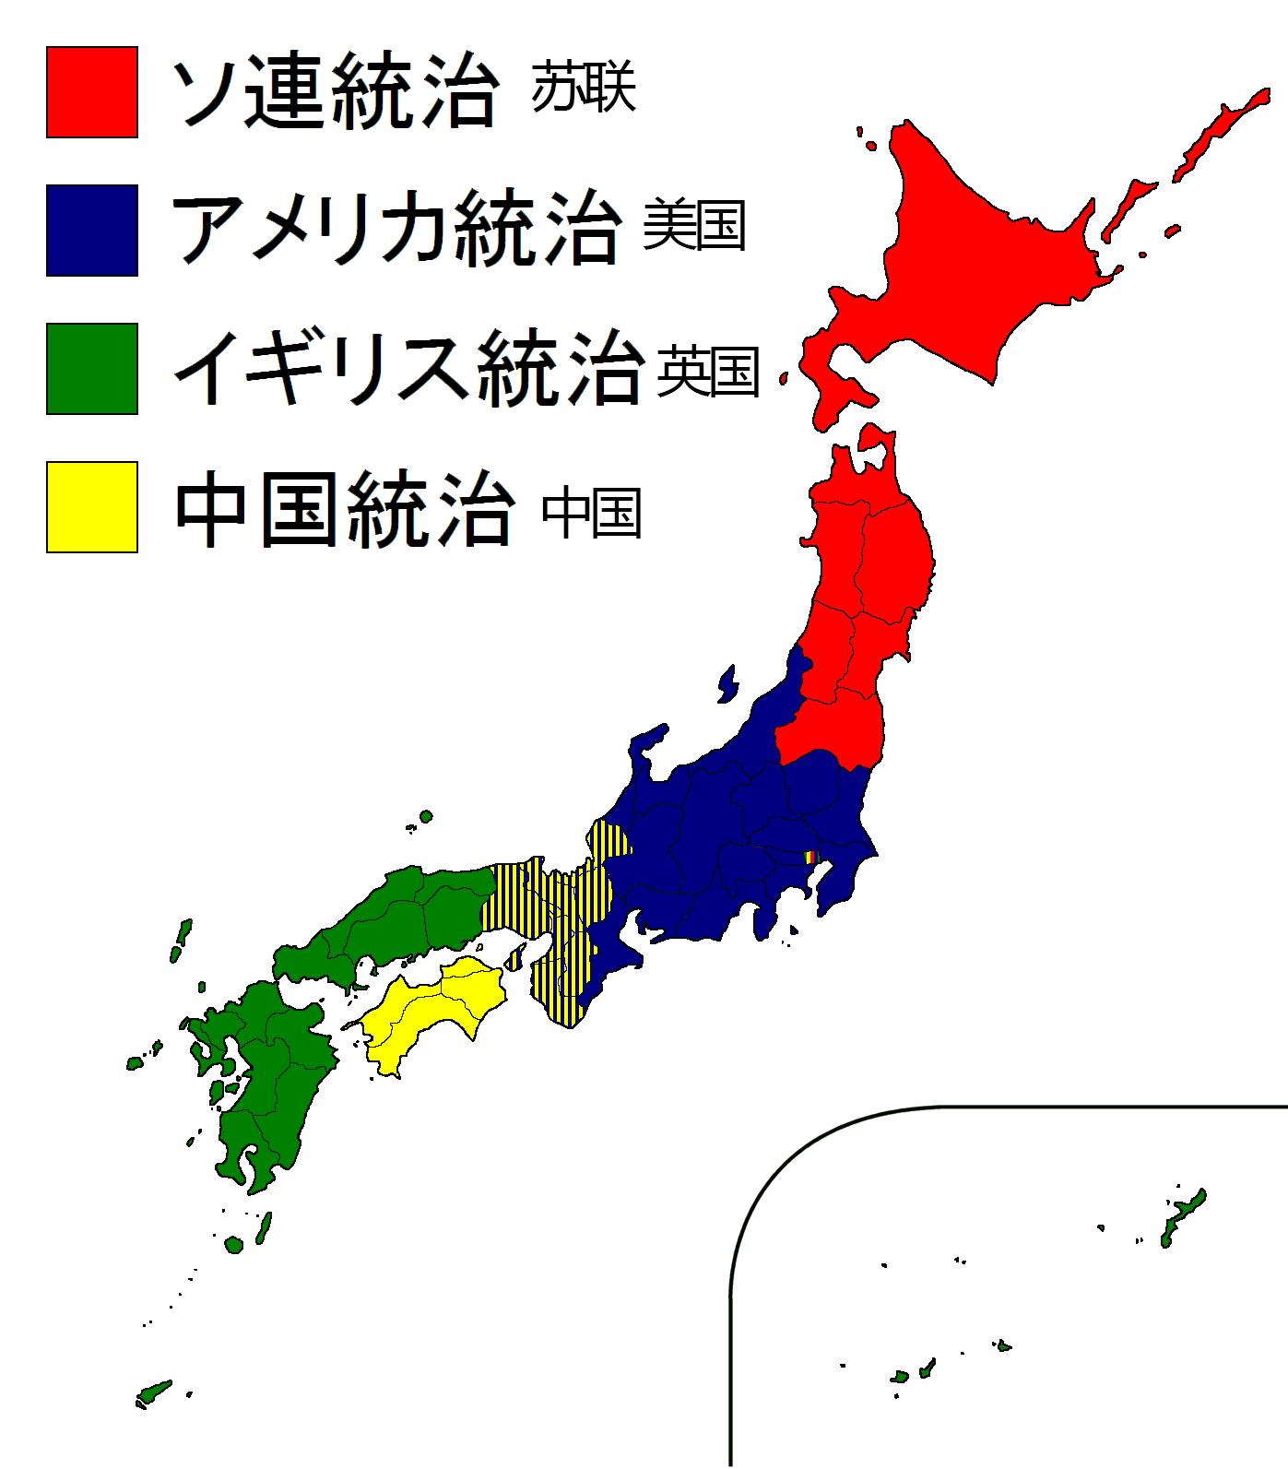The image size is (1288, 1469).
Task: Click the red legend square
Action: (92, 92)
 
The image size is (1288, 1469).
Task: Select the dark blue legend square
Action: (92, 231)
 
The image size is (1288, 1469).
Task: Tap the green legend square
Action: (92, 368)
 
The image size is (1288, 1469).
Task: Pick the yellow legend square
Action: (92, 506)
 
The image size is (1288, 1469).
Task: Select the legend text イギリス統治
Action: (406, 368)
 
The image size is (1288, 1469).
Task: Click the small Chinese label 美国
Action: (693, 226)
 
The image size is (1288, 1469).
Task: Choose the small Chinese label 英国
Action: (707, 372)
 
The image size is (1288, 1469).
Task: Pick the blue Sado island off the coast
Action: (727, 684)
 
